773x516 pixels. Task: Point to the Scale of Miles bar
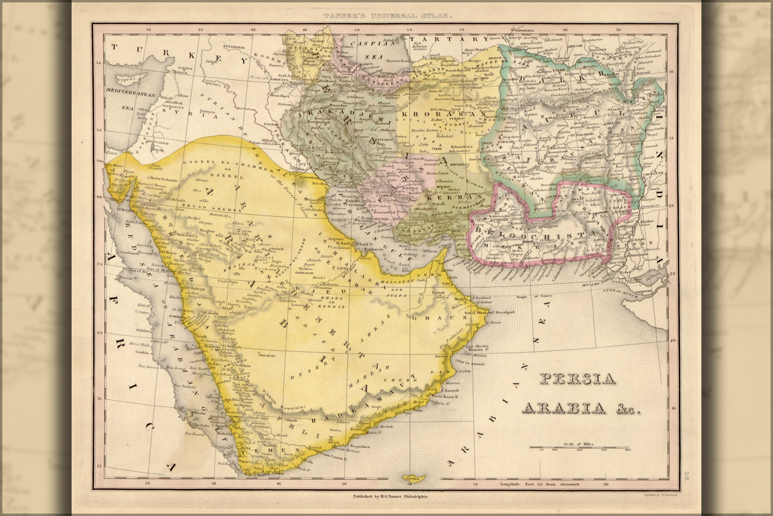580,447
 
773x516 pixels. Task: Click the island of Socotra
410,478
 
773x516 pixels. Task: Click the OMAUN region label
427,319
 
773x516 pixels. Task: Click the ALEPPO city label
185,69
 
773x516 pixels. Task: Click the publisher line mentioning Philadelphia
390,496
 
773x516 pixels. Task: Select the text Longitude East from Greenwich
540,484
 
